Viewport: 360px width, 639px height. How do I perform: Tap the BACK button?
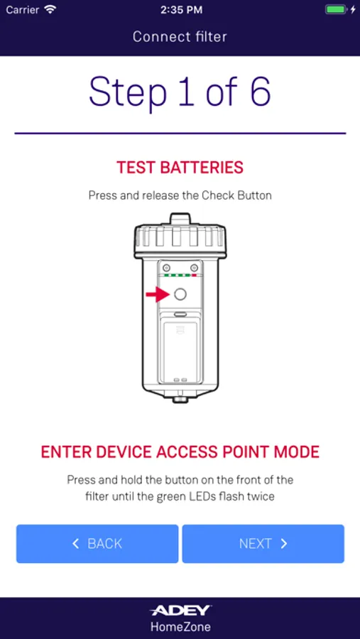97,544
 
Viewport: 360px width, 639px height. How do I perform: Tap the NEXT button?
263,544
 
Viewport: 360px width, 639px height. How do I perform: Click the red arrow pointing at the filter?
156,294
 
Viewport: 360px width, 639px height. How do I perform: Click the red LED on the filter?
195,275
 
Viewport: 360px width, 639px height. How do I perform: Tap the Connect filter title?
180,37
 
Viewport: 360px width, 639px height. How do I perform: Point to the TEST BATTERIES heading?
180,168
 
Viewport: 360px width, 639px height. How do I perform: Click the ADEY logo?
180,611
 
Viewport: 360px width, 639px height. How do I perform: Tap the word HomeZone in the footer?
180,626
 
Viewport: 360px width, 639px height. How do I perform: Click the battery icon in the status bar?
335,10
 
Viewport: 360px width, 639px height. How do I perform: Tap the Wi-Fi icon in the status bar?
50,9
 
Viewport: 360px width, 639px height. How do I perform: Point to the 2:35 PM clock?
180,10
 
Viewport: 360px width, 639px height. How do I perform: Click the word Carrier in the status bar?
23,10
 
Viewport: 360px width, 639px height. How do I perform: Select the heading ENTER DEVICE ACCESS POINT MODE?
180,452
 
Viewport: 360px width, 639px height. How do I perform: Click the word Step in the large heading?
128,92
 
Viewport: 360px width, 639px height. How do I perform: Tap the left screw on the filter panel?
165,268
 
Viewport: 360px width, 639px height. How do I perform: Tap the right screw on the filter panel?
194,268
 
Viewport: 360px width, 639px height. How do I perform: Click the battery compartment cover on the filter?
180,351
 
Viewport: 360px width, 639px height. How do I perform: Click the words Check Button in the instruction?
236,196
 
